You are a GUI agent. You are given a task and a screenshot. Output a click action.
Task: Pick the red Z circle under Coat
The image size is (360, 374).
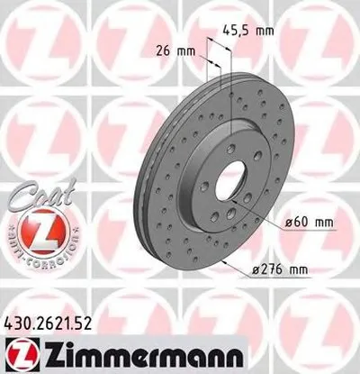[33, 228]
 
